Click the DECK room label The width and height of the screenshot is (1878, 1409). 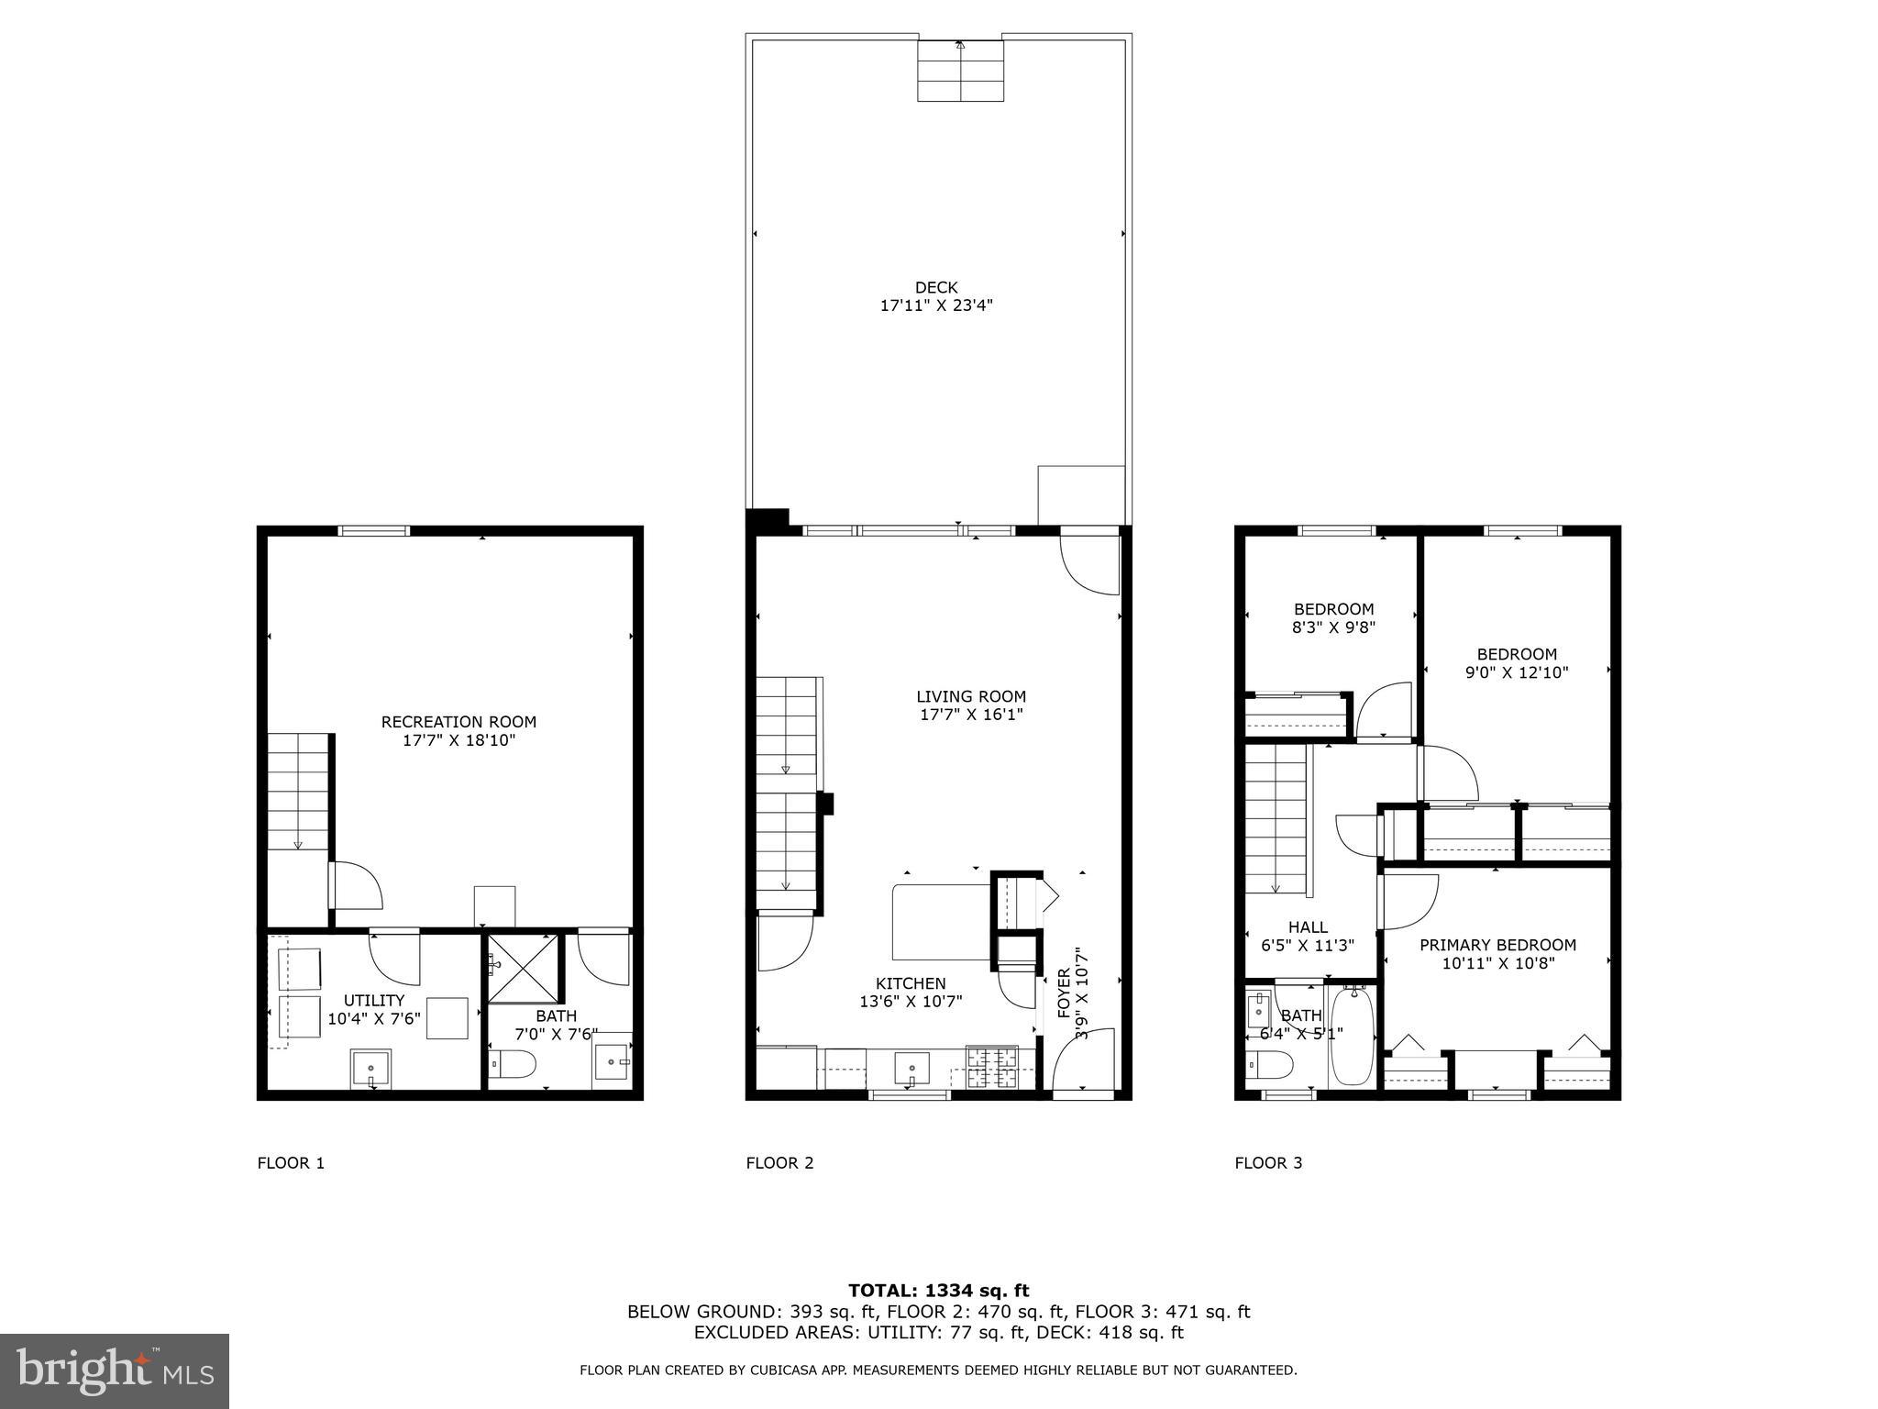936,288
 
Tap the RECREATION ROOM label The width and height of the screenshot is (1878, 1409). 458,722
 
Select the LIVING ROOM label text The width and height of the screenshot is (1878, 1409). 971,697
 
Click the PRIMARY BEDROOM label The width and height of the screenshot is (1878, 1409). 1497,945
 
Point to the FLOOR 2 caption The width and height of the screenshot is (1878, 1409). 779,1163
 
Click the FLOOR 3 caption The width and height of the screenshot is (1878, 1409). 1268,1163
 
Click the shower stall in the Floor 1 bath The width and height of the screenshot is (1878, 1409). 522,968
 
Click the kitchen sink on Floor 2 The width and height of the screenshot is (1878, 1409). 911,1068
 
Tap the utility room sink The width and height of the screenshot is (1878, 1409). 370,1069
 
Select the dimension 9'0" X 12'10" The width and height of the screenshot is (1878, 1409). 1517,672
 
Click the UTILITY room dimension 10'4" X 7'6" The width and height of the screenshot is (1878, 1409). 374,1018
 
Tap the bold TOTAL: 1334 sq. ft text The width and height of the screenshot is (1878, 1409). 938,1291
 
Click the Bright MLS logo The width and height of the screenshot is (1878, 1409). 115,1370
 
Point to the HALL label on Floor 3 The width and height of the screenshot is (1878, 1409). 1307,927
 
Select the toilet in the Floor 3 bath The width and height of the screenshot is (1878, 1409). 1269,1064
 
